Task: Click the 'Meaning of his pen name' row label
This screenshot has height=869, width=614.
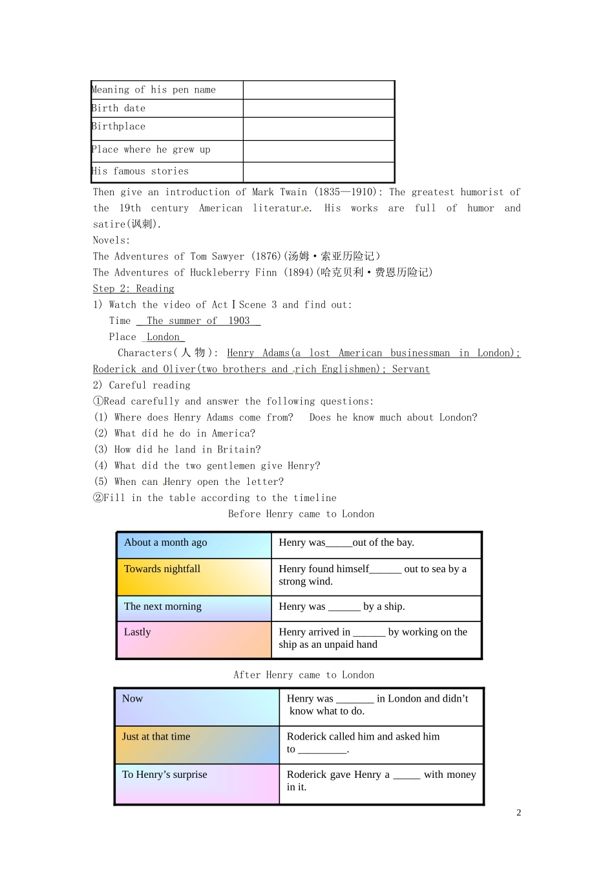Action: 154,90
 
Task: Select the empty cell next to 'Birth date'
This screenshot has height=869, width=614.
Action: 319,108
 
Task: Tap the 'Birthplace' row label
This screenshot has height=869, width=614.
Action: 119,127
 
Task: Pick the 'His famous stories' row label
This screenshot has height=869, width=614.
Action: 141,171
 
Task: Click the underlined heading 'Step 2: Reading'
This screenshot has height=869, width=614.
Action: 133,289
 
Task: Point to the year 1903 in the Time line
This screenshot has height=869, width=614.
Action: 239,321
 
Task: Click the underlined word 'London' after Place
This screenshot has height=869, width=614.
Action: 163,337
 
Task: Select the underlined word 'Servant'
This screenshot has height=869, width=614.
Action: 410,369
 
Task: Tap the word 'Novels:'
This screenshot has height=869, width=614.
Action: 111,241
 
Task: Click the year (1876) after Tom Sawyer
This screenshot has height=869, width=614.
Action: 265,257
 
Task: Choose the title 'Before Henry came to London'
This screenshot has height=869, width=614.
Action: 301,514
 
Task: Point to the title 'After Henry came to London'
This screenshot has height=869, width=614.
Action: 304,675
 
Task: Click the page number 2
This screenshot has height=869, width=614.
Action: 518,813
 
